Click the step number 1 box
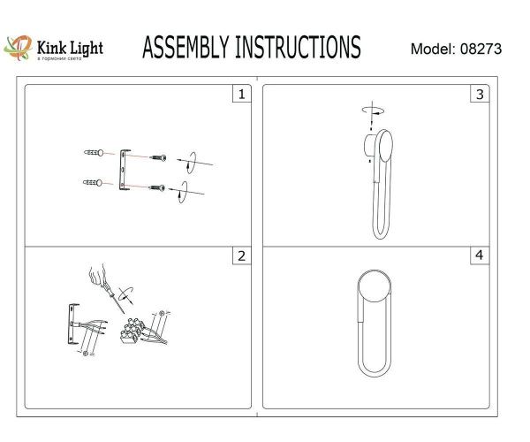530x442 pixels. (238, 94)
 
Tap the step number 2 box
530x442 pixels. (238, 257)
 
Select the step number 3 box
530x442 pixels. (480, 94)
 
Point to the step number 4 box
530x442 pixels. (480, 257)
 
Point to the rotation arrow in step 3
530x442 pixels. (372, 111)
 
